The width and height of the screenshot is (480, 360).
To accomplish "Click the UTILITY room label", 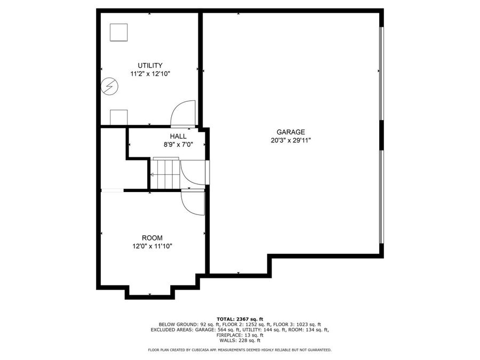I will [x=150, y=66].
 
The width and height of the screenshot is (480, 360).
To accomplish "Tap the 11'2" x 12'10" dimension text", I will [x=150, y=74].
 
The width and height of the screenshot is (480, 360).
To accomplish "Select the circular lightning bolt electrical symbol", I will [x=110, y=86].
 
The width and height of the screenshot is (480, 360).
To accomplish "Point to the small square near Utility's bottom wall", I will [x=119, y=117].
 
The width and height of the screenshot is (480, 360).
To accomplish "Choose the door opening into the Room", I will [x=193, y=202].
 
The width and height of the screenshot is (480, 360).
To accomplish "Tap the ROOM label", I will [x=152, y=238].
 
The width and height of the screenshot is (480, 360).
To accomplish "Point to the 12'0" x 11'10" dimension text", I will [x=152, y=246].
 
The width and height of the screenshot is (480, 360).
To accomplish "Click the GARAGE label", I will [x=291, y=132].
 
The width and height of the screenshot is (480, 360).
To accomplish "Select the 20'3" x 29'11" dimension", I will [x=291, y=141].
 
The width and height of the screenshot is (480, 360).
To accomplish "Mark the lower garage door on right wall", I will [x=380, y=196].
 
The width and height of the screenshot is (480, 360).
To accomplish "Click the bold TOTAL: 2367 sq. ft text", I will [x=239, y=318].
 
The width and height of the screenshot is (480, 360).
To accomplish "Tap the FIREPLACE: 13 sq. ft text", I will [x=239, y=335].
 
